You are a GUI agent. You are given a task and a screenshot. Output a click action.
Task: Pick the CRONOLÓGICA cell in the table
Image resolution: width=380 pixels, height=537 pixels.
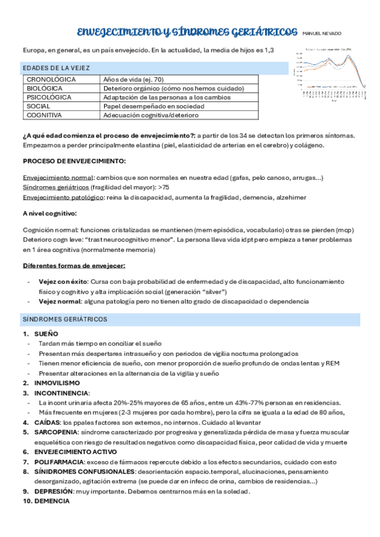point(51,80)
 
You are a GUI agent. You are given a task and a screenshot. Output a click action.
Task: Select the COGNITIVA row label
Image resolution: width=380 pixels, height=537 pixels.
point(44,115)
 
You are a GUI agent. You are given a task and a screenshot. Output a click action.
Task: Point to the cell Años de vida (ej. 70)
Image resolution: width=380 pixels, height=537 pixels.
point(133,80)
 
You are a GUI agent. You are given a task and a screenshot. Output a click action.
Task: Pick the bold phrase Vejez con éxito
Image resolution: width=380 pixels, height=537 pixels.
point(63,281)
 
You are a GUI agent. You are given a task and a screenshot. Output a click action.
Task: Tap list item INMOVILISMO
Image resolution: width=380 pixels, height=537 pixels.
point(57,383)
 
